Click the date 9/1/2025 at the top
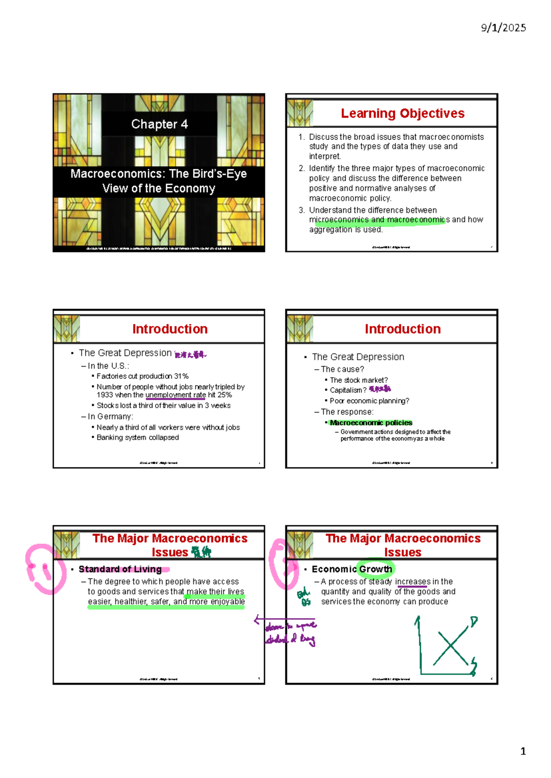tap(503, 28)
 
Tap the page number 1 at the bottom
tap(523, 751)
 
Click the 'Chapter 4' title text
tap(159, 124)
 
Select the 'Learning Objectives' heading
tap(402, 113)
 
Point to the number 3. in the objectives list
tap(301, 210)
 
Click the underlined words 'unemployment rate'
tap(175, 395)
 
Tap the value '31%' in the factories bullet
tap(181, 376)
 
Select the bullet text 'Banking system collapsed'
tap(138, 438)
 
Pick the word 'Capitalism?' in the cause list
tap(348, 390)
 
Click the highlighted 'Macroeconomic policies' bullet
tap(371, 423)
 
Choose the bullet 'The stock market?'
tap(359, 380)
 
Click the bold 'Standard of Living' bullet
tap(120, 569)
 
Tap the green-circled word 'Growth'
tap(376, 569)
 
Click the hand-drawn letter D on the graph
tap(474, 622)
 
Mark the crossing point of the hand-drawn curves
tap(451, 647)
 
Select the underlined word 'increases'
tap(413, 582)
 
